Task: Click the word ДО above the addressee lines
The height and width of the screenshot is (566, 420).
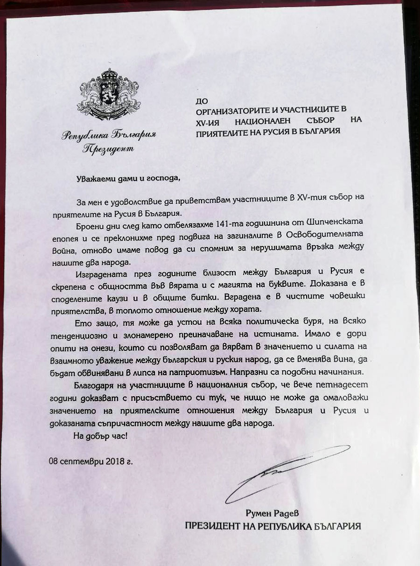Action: point(201,100)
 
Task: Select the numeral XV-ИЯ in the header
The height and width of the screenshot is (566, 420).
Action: point(209,120)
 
